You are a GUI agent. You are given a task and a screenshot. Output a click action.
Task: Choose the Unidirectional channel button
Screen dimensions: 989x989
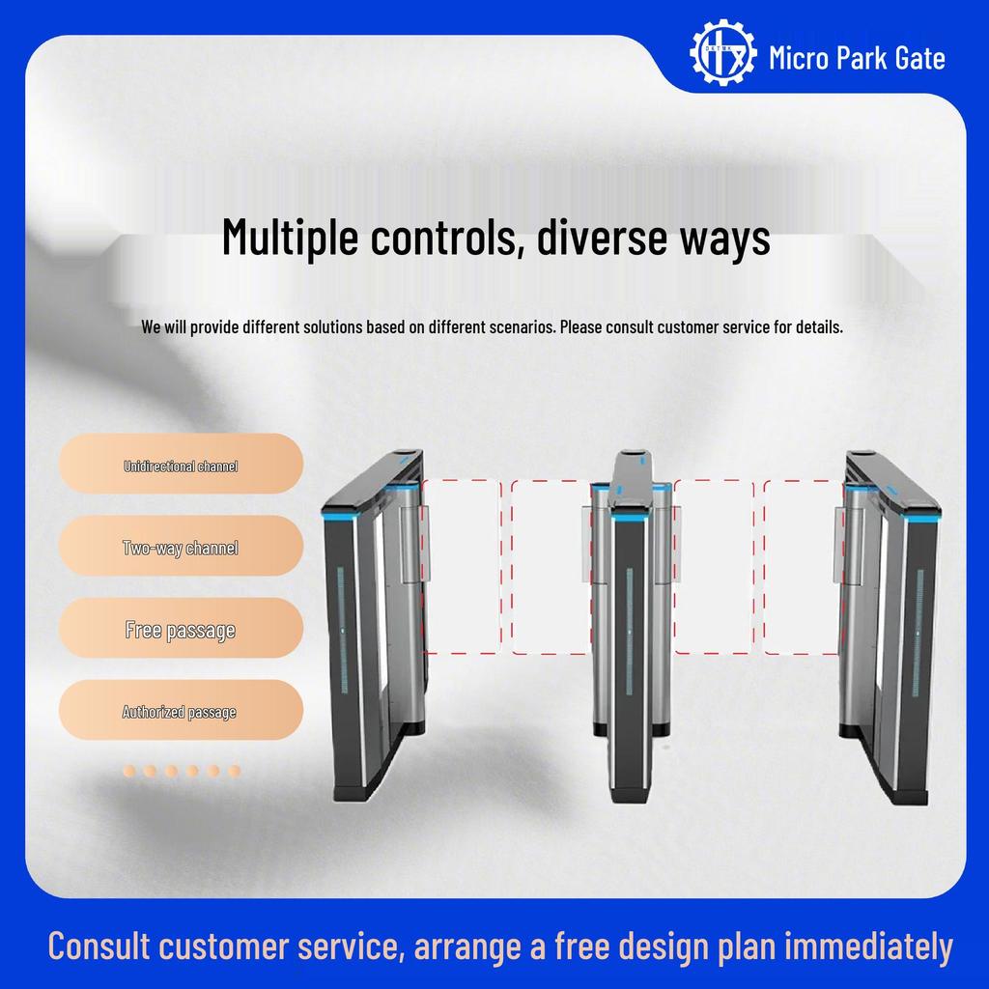tap(181, 466)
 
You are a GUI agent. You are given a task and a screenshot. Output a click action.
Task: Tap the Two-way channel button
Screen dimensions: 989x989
tap(181, 549)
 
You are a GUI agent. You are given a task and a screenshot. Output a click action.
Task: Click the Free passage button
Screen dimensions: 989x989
tap(181, 631)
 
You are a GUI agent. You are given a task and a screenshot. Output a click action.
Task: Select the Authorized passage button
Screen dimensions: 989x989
tap(181, 713)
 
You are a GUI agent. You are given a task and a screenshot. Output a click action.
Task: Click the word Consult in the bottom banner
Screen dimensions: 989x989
tap(99, 947)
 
